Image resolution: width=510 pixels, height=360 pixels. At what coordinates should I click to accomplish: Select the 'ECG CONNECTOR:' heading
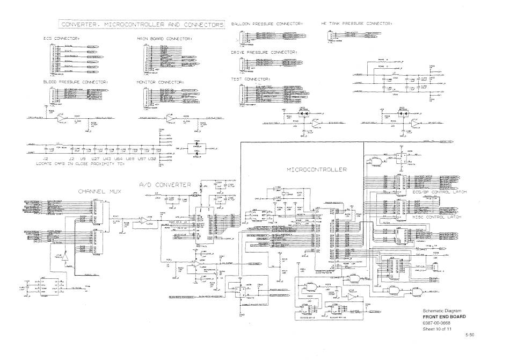(x=62, y=39)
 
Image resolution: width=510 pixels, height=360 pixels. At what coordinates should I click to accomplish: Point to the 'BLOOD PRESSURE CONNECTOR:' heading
(x=76, y=82)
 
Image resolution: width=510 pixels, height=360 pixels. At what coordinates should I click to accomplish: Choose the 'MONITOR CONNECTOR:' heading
(x=161, y=82)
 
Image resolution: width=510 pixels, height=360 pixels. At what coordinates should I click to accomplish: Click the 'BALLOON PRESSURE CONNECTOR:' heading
(x=267, y=24)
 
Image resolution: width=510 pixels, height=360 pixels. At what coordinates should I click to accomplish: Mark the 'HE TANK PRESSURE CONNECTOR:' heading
(x=356, y=24)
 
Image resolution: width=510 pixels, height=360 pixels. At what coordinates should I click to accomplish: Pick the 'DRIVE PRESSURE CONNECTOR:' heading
(x=264, y=52)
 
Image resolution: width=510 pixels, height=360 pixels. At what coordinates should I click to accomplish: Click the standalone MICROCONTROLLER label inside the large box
(x=317, y=169)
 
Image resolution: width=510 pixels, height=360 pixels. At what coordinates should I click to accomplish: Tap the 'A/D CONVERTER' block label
(x=165, y=184)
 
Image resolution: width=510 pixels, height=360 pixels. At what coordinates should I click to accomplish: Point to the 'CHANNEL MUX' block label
(x=100, y=191)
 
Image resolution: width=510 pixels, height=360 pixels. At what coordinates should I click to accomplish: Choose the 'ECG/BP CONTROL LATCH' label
(x=440, y=192)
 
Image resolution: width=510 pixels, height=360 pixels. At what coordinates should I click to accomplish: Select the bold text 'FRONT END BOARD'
(x=443, y=316)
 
